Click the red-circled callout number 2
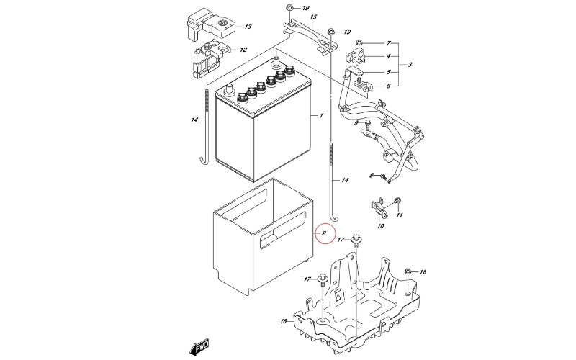(x=324, y=233)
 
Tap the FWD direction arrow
(x=199, y=346)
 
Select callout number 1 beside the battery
(x=321, y=115)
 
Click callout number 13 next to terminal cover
(x=248, y=27)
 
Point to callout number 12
(x=243, y=50)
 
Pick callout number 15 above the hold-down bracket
(x=313, y=17)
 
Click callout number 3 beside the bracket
(x=410, y=65)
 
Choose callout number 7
(x=389, y=43)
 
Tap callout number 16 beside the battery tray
(x=283, y=321)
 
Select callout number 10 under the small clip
(x=381, y=226)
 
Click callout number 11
(x=400, y=215)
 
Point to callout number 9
(x=356, y=123)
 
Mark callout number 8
(x=372, y=176)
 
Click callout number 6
(x=388, y=86)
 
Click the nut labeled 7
(x=359, y=42)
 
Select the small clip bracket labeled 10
(x=379, y=207)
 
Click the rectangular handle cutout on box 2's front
(x=282, y=230)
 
